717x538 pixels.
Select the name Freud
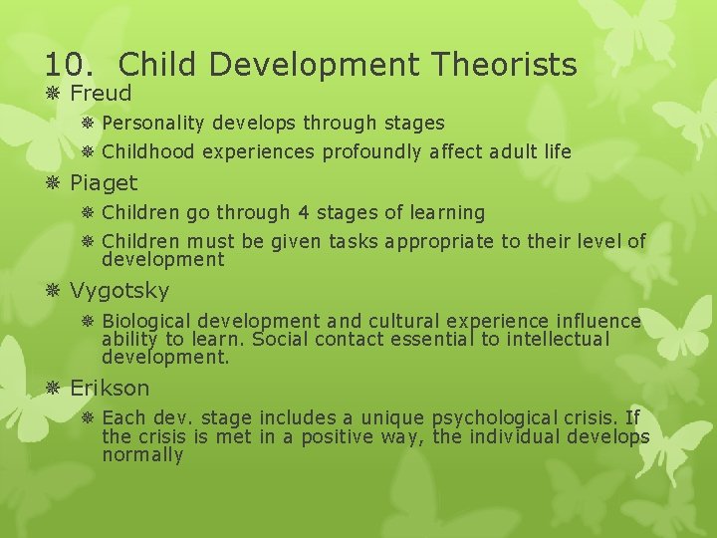[x=101, y=95]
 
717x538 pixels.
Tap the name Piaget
[x=104, y=183]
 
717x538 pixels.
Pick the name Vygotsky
[x=119, y=291]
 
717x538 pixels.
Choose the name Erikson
[x=110, y=388]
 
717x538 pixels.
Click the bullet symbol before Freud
[x=54, y=95]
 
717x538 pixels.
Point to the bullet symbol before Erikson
[x=54, y=388]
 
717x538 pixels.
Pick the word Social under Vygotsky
[x=281, y=339]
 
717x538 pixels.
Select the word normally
[x=142, y=455]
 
